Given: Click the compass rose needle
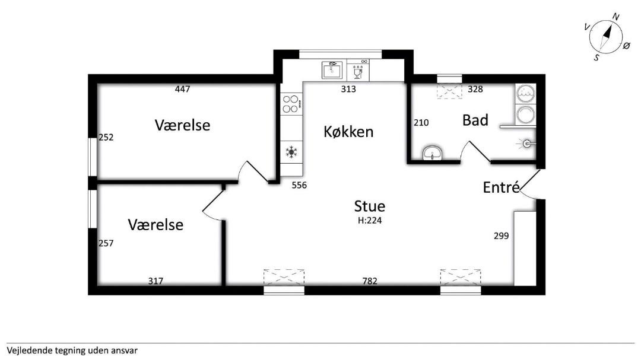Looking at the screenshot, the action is pos(606,36).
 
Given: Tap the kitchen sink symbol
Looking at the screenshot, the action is pos(332,70).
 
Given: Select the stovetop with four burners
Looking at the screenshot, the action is pos(291,104).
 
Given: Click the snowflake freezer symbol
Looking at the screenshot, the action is pos(291,152).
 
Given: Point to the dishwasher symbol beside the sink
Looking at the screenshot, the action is pos(358,71).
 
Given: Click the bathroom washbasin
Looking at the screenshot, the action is pos(432,153).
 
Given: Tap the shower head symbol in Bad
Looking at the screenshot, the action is pos(526,144).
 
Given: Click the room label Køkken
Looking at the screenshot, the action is pos(348,132).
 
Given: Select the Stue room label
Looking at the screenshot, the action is pos(370,206).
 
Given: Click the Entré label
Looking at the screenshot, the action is pos(501,187).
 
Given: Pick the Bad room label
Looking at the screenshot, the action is pos(475,120).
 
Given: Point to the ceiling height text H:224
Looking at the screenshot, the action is pos(370,220).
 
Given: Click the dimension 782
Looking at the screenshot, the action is pos(370,281).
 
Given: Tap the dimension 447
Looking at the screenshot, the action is pos(182,89).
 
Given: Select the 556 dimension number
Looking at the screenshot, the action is pos(299,185).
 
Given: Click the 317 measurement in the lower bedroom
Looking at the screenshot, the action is pos(156,281).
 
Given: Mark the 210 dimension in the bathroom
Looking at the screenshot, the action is pos(421,123).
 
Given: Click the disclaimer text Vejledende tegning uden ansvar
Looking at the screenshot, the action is pos(72,351).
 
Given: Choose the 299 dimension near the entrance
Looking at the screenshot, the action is pos(501,236).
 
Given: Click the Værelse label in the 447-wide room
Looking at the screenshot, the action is pos(182,125).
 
